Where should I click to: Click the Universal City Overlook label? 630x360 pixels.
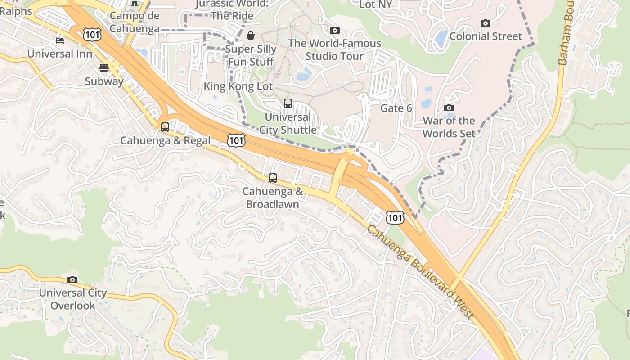(x=73, y=299)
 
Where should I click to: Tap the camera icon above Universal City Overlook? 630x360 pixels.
(x=72, y=280)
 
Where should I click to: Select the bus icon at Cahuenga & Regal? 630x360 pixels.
(x=165, y=127)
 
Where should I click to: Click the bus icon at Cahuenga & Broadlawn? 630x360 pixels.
(x=273, y=178)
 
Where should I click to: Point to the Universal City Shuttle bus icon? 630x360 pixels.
(x=288, y=103)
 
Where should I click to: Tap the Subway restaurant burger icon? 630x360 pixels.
(x=104, y=68)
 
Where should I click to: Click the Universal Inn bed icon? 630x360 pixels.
(x=60, y=40)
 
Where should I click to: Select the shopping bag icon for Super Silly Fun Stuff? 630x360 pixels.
(x=251, y=36)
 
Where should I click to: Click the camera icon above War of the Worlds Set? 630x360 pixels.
(x=449, y=108)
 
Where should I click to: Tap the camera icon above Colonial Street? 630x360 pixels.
(x=485, y=23)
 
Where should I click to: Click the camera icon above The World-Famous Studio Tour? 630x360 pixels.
(x=334, y=30)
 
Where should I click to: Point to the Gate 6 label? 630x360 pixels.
(x=396, y=108)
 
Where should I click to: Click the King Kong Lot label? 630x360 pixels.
(x=238, y=86)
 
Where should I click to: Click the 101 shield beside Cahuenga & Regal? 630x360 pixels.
(x=236, y=140)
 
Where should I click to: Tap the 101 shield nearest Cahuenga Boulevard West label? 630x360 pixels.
(x=395, y=218)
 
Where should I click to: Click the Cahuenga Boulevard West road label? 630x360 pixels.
(x=420, y=273)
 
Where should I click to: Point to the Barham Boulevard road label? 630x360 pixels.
(x=562, y=34)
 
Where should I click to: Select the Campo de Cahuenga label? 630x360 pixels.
(x=135, y=22)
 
